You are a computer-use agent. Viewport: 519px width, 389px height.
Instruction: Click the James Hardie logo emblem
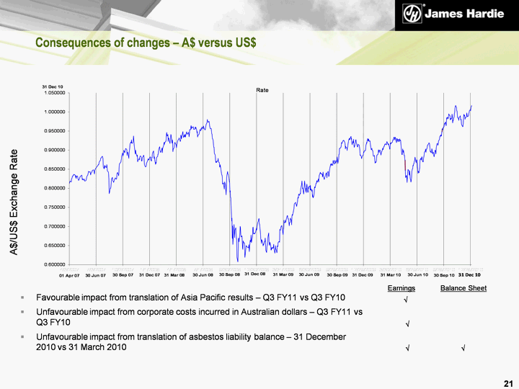coord(413,14)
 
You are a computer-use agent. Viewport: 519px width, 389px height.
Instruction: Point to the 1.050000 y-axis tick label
coord(55,93)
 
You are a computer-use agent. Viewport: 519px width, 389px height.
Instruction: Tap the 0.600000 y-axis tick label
coord(55,264)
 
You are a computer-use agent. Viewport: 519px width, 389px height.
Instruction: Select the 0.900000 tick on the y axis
coord(55,150)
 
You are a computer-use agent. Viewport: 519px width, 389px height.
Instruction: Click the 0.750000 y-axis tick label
coord(55,207)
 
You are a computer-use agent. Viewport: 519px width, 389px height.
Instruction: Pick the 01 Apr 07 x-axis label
coord(69,275)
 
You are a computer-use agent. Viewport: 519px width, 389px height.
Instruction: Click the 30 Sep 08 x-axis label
coord(229,274)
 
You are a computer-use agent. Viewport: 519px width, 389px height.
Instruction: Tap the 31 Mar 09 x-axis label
coord(283,274)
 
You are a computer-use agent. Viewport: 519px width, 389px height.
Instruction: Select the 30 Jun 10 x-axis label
coord(417,274)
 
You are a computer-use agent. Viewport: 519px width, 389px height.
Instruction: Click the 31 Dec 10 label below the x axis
coord(470,274)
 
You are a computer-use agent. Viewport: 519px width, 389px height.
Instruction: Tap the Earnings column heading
coord(402,288)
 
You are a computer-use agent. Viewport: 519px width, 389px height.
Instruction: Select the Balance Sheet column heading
coord(463,288)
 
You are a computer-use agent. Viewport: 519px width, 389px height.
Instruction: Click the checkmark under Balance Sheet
coord(463,349)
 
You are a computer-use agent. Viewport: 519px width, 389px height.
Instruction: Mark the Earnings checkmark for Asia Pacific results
coord(407,299)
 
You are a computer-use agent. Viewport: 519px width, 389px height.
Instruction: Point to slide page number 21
coord(507,381)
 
